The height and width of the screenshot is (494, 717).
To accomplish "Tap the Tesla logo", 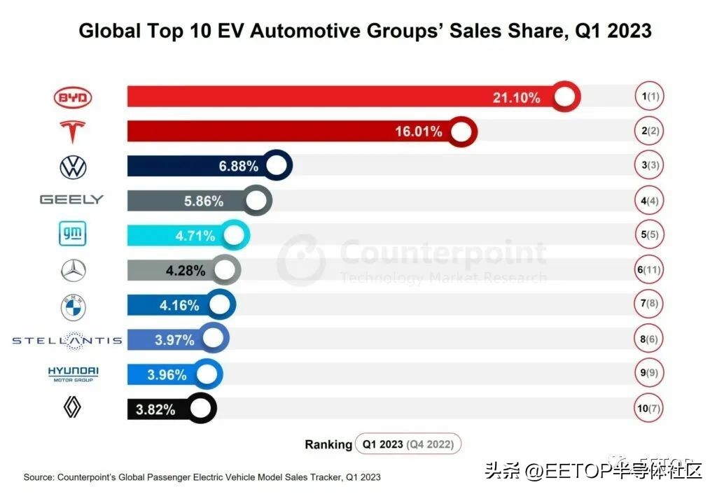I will coord(73,132).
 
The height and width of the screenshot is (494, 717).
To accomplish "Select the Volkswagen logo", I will coord(73,167).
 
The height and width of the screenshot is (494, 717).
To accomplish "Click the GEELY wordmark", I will coord(71,200).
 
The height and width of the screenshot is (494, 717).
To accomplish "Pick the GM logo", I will coord(73,234).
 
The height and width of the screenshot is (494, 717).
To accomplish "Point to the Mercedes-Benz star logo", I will coord(73,270).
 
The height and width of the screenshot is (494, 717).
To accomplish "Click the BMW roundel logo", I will coord(73,306).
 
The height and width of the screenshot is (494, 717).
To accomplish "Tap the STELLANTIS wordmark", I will coord(67,341).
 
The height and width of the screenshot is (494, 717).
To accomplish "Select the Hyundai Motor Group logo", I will coord(73,374).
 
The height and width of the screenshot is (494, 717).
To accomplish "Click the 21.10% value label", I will coord(517,97).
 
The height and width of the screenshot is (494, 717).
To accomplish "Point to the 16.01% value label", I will coord(419,132).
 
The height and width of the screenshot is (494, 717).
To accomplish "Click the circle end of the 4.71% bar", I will coord(233,235).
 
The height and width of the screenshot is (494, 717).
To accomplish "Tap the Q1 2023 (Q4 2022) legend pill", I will coord(408,444).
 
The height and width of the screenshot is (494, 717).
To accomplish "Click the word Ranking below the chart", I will coord(328,444).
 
